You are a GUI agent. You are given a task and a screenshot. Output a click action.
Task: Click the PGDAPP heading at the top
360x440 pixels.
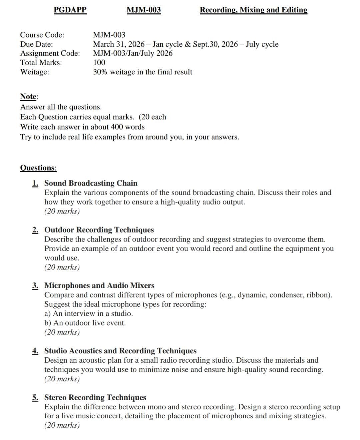click(70, 10)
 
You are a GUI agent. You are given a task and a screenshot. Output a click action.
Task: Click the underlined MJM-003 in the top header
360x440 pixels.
click(144, 10)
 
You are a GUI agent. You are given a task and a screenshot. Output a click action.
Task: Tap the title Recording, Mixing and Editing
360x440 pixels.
click(253, 10)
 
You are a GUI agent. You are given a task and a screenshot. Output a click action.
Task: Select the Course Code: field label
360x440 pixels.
click(42, 35)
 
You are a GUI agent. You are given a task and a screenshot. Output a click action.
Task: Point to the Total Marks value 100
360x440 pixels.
click(99, 63)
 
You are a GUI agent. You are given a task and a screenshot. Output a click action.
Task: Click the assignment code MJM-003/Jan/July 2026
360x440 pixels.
click(133, 53)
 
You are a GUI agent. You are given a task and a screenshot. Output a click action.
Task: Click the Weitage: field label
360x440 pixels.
click(35, 72)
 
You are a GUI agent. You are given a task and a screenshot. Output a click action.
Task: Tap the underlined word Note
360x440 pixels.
click(28, 97)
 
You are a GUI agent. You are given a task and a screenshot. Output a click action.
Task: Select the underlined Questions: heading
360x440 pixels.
click(38, 168)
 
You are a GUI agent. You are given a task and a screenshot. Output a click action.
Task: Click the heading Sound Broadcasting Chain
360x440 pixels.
click(91, 183)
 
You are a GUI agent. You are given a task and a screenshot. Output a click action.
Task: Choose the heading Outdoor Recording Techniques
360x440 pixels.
click(99, 230)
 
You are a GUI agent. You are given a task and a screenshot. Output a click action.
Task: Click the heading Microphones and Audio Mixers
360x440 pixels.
click(99, 285)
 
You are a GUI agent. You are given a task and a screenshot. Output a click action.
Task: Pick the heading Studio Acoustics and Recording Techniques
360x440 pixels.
click(120, 351)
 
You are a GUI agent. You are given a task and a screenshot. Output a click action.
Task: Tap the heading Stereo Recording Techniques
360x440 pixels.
click(95, 397)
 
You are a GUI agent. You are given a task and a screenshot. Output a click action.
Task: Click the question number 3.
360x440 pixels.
click(35, 285)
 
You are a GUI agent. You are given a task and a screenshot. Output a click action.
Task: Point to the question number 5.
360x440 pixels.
click(35, 397)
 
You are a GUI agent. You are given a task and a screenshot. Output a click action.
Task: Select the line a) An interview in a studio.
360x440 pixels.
click(88, 313)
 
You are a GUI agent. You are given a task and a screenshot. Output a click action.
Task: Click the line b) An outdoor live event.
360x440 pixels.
click(85, 323)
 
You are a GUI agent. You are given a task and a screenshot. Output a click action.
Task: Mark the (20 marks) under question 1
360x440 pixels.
click(62, 211)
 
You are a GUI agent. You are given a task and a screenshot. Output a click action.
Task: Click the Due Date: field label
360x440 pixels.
click(37, 44)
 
